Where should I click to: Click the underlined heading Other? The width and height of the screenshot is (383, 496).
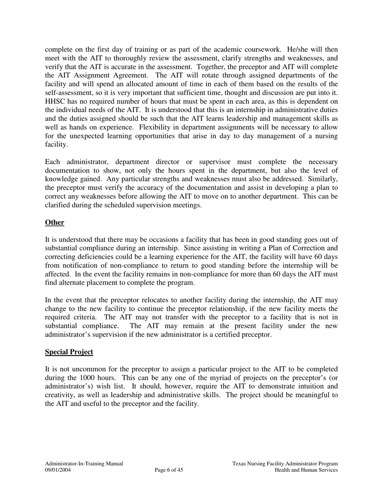(54, 223)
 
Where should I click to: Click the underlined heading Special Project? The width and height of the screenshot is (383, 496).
(69, 352)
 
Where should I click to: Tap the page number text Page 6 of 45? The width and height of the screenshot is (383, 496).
(169, 470)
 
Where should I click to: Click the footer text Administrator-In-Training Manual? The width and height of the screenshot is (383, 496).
(84, 464)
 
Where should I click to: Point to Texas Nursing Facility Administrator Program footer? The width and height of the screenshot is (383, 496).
(285, 464)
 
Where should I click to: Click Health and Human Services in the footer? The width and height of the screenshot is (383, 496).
(306, 470)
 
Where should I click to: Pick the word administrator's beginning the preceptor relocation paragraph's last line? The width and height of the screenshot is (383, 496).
(69, 335)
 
